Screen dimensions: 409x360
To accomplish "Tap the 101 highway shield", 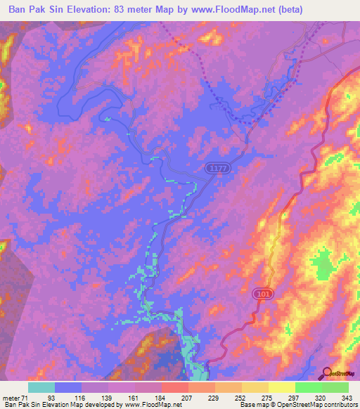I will [x=263, y=292].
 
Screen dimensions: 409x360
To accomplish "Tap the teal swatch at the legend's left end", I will [x=41, y=387].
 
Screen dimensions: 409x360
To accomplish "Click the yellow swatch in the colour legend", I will [x=281, y=387].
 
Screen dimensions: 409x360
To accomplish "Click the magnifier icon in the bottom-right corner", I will [x=326, y=373].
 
